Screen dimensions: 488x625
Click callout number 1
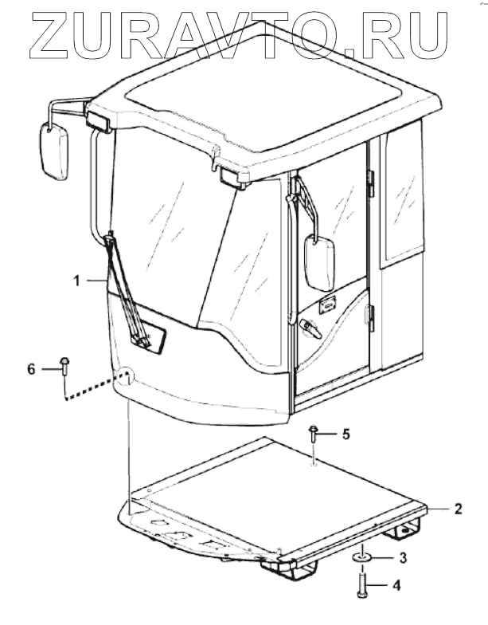[77, 280]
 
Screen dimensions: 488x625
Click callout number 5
[346, 434]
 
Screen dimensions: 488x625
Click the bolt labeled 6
[64, 368]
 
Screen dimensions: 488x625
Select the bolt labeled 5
[314, 435]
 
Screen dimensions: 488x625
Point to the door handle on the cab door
[306, 326]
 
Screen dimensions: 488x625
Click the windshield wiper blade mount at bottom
[144, 340]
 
